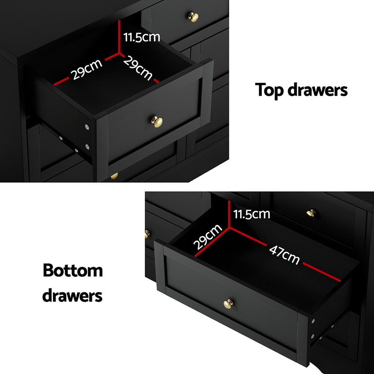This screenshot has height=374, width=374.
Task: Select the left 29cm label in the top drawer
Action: (x=87, y=70)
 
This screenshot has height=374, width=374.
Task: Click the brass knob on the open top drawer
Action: (x=157, y=122)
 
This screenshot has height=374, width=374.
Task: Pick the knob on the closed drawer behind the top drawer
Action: (x=193, y=17)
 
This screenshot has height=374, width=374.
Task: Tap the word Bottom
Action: (x=73, y=270)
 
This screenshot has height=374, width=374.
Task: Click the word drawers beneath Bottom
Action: (x=72, y=295)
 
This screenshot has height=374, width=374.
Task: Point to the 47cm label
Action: (x=284, y=255)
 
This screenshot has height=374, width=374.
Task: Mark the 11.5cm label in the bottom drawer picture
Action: (x=251, y=214)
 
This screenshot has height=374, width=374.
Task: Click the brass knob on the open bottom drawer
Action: (x=228, y=304)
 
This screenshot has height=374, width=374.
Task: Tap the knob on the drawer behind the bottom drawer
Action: (x=311, y=214)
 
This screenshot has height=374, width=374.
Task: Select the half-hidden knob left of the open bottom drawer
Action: (x=147, y=234)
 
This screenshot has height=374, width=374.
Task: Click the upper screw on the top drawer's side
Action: (x=87, y=128)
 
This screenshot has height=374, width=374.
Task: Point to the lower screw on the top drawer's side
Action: (x=87, y=147)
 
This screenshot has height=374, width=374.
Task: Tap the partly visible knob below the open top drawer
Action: (x=114, y=176)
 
